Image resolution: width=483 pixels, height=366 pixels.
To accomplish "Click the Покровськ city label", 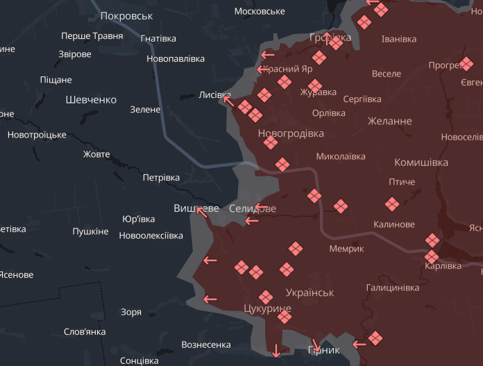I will (126, 15).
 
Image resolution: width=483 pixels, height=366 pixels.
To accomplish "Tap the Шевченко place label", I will (91, 100).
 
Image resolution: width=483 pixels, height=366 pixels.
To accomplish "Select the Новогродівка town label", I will (291, 133).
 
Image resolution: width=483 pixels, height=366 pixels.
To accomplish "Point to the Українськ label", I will (310, 292).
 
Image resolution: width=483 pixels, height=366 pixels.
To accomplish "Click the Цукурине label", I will (268, 308).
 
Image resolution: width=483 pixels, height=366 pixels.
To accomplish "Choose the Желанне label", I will (389, 121).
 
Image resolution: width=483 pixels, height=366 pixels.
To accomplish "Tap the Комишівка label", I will (421, 163).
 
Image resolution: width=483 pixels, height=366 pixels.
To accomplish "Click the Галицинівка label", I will (393, 287).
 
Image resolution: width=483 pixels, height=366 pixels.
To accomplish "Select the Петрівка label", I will (161, 178).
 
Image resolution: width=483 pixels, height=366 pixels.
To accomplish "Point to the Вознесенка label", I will (205, 344).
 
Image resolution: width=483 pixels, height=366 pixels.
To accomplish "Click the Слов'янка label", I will (85, 332).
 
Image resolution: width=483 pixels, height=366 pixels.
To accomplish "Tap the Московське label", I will (260, 11).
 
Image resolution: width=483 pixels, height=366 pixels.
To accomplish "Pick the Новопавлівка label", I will (176, 59).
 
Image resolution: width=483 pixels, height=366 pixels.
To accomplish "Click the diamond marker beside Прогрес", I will (466, 65).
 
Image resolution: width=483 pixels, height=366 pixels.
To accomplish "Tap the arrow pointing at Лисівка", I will (228, 101).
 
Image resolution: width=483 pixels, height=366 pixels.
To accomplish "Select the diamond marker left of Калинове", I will (392, 204).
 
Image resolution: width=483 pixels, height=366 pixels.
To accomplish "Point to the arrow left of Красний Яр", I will (264, 69).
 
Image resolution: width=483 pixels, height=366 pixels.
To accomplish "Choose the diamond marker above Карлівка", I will (432, 240).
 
